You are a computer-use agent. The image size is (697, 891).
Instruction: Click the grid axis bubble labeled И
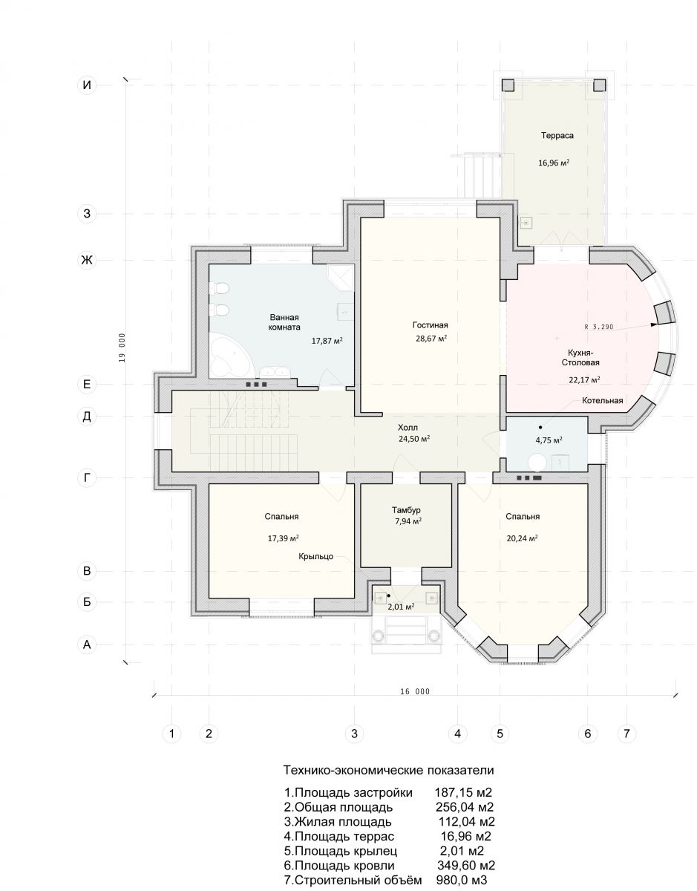pos(87,85)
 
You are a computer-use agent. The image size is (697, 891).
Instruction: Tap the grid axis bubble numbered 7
pos(626,734)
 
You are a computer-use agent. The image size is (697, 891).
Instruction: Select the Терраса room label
pos(557,135)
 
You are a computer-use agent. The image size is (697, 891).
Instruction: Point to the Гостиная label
pos(431,325)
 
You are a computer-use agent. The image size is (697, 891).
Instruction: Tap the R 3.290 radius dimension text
pos(599,327)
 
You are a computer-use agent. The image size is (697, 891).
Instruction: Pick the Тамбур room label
pos(406,511)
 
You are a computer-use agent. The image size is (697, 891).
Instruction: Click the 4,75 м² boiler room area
pos(549,440)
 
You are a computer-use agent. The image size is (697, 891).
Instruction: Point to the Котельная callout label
pos(602,401)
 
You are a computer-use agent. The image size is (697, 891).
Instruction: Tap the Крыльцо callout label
pos(316,556)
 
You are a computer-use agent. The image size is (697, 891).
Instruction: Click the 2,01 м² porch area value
pos(400,607)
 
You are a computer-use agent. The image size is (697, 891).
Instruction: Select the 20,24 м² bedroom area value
pos(522,538)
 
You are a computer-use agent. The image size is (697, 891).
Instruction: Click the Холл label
pos(408,428)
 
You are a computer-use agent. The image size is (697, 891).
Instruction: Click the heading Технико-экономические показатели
pos(388,771)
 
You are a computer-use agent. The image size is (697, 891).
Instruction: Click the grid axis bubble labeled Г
pos(87,478)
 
